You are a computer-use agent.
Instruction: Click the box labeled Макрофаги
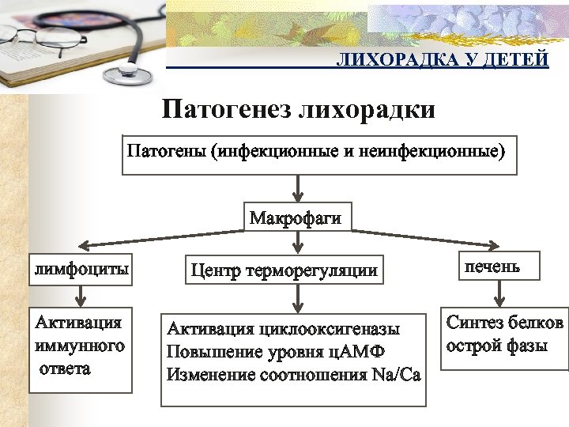(x=296, y=217)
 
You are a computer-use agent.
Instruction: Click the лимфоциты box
(x=81, y=270)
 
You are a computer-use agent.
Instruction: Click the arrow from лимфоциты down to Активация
(x=81, y=294)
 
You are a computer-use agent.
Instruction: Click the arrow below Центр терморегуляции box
(x=297, y=298)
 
